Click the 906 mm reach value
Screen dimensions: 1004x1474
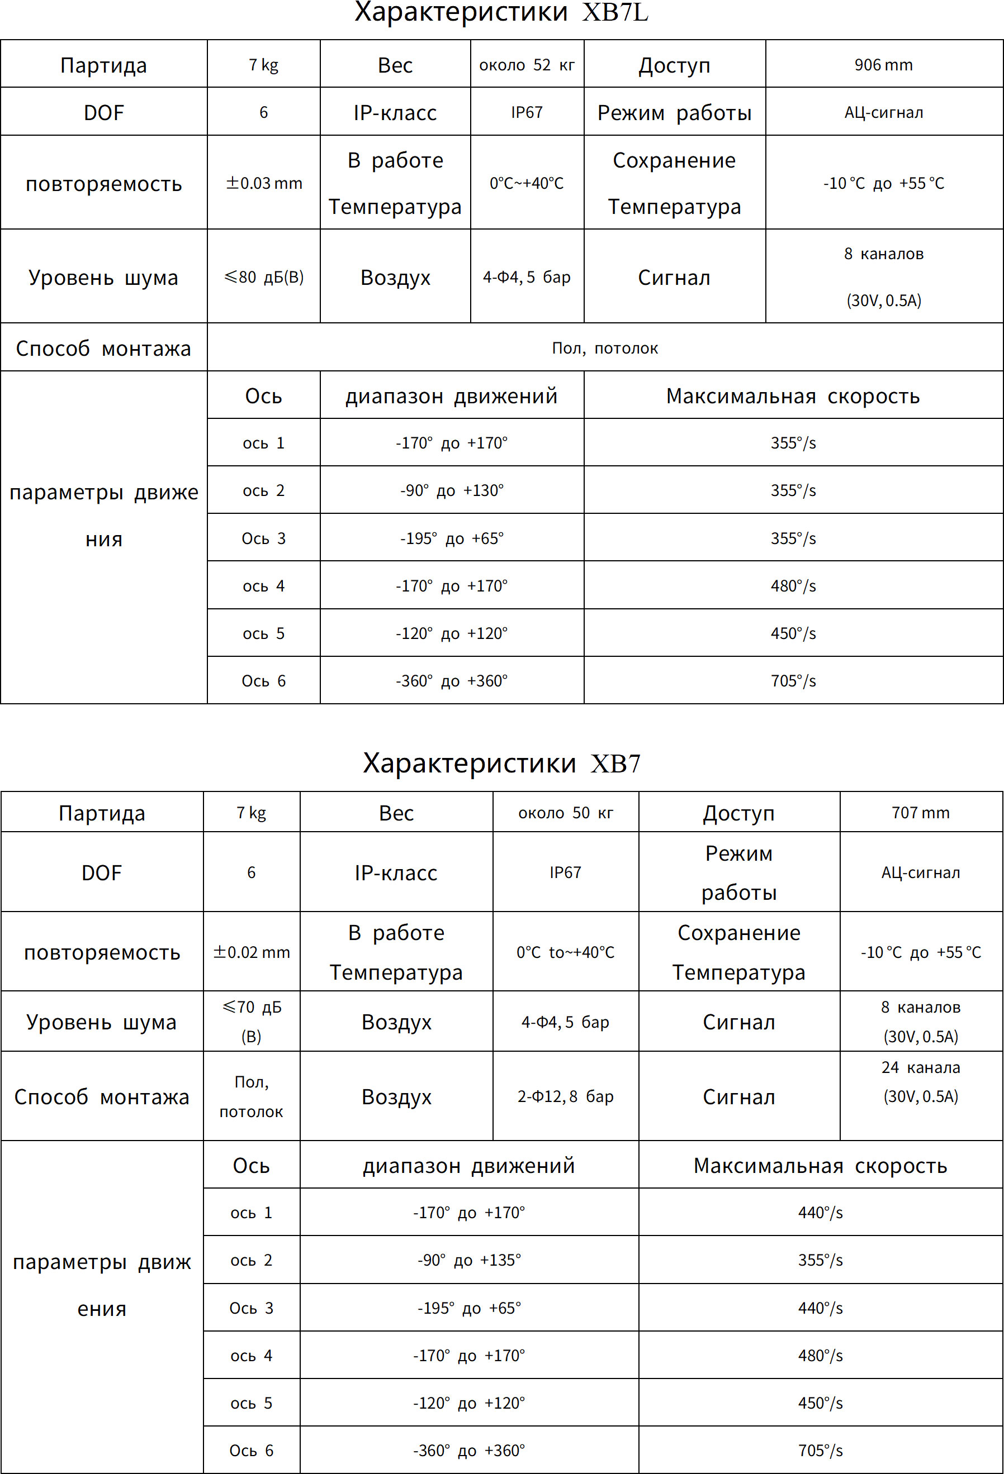883,65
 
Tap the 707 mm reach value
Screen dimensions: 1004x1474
920,813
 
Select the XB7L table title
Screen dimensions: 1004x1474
501,13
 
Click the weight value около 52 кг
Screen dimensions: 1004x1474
527,65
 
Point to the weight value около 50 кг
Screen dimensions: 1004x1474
566,813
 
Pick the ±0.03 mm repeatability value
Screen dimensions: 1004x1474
264,183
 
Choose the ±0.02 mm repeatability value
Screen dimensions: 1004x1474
252,952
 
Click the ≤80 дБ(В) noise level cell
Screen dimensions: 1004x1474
264,277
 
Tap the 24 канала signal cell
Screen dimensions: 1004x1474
920,1081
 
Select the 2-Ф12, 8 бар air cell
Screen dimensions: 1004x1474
566,1096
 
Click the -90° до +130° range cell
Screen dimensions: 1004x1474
452,490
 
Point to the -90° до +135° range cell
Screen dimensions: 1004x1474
469,1260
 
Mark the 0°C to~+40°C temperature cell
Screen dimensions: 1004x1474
566,952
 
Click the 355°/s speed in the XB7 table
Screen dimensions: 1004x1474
820,1260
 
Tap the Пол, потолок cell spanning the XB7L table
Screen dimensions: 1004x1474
605,348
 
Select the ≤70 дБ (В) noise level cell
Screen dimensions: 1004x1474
252,1021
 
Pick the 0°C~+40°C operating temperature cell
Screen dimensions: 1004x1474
527,183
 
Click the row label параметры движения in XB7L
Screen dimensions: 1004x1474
103,515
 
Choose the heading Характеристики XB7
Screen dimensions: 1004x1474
501,763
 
